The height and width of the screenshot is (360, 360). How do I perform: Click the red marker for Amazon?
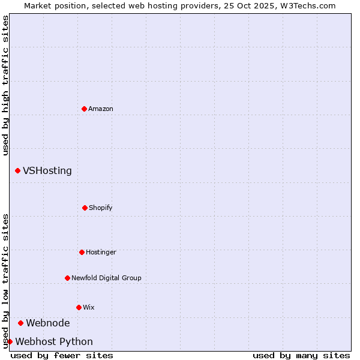click(x=84, y=109)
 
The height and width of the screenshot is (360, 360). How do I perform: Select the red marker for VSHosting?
click(x=17, y=170)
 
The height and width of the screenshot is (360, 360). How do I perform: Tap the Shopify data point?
click(x=85, y=208)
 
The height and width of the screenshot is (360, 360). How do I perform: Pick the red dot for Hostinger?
click(x=82, y=252)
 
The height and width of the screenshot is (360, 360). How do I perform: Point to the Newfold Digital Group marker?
click(x=67, y=278)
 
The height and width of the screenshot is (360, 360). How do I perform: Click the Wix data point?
click(x=79, y=307)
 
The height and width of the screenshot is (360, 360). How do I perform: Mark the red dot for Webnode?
click(x=20, y=323)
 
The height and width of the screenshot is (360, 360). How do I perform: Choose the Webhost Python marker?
click(x=10, y=341)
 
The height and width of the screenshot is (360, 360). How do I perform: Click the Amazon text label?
click(x=101, y=109)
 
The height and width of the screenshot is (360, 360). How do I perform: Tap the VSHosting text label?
click(x=47, y=170)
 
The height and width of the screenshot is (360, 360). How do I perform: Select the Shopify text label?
click(x=101, y=208)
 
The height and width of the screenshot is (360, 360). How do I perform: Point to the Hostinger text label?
click(x=101, y=252)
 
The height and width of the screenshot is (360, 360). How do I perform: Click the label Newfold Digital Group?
click(x=106, y=278)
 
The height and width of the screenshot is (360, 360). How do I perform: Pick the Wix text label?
click(x=89, y=307)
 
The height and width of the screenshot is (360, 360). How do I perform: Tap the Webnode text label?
click(x=48, y=323)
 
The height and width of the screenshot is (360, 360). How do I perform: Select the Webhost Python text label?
click(x=54, y=341)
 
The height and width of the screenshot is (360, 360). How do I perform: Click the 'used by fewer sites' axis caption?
click(x=62, y=355)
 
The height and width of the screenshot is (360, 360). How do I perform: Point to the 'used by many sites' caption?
click(x=301, y=355)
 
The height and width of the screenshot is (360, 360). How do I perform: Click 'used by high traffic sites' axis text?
click(x=5, y=85)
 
